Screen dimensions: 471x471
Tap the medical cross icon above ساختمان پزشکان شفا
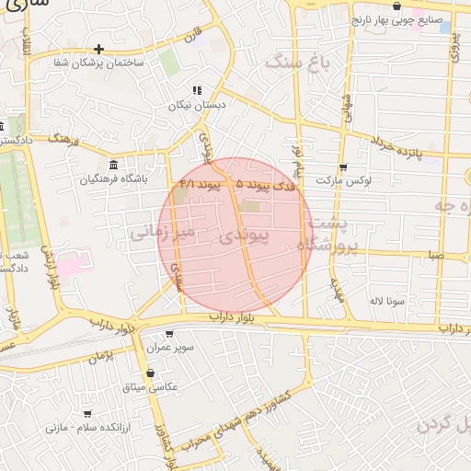click(x=98, y=49)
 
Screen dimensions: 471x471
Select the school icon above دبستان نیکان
click(x=196, y=90)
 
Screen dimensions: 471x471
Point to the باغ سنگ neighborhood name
click(x=297, y=63)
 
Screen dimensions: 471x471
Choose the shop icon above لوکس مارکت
click(x=343, y=167)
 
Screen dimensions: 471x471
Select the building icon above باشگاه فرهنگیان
click(x=113, y=165)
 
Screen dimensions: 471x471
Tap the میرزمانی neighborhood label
click(x=160, y=233)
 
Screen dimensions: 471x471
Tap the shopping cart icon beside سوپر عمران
click(x=168, y=334)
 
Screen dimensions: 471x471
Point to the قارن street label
click(x=191, y=39)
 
